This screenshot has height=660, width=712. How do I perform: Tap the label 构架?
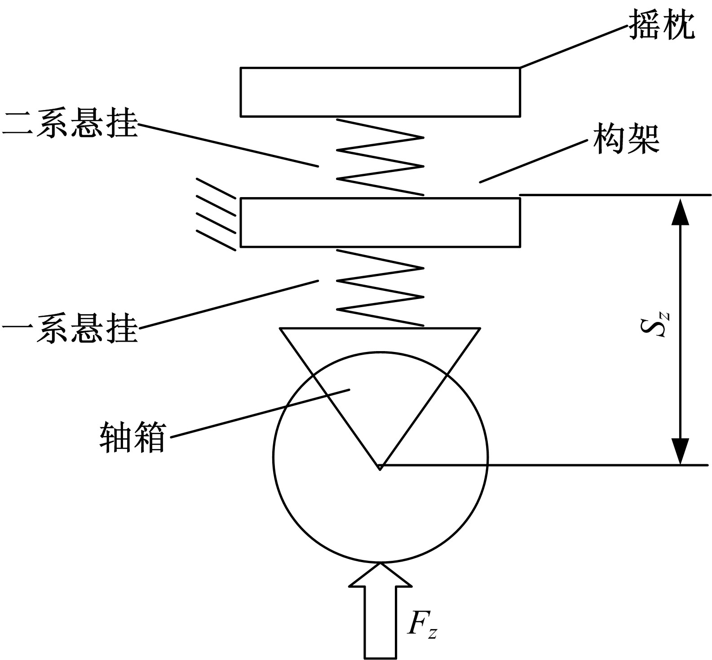pos(626,139)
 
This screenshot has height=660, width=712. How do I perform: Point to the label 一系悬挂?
pos(70,329)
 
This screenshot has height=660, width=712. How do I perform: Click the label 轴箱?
pos(133,436)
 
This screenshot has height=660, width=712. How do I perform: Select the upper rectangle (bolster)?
pos(380,92)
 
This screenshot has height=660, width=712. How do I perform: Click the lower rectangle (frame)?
pos(380,222)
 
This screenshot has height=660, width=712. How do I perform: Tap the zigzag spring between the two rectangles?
pos(380,157)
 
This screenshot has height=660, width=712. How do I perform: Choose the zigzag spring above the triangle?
pos(380,287)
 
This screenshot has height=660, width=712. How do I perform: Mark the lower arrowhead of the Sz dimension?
pos(681,451)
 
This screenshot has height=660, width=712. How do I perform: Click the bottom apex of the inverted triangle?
pos(380,468)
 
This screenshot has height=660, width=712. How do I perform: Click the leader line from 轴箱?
pos(261,413)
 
